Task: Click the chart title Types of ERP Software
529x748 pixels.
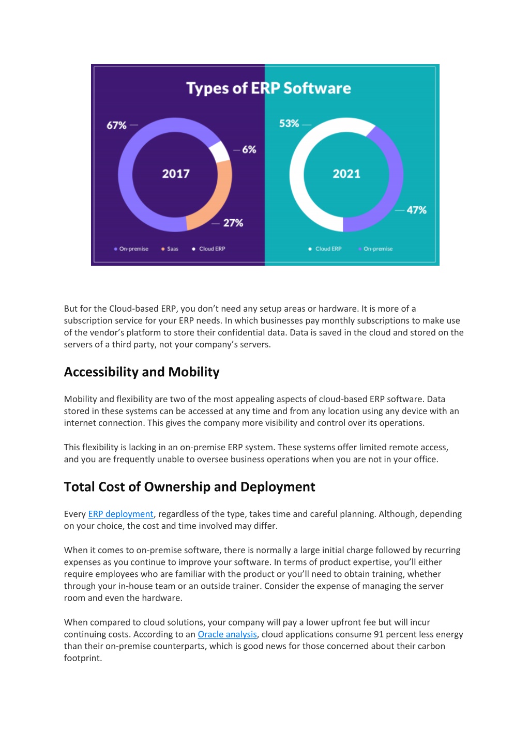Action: coord(268,88)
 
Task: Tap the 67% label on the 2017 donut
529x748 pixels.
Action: coord(116,125)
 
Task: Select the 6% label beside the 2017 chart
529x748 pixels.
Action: coord(249,149)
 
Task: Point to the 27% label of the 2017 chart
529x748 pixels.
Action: coord(233,223)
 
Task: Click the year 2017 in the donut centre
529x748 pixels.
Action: coord(176,174)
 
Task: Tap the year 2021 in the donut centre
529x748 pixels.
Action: coord(346,174)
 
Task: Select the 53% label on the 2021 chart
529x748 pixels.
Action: coord(289,124)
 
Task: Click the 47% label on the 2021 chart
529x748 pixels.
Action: coord(416,210)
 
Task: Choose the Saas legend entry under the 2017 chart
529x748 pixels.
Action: coord(170,249)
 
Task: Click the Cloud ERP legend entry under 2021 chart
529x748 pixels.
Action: coord(325,249)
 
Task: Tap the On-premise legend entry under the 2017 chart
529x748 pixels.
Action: coord(131,249)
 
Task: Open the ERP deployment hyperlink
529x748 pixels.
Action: coord(120,514)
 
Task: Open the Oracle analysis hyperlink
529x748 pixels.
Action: coord(227,634)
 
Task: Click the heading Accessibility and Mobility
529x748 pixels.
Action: coord(142,372)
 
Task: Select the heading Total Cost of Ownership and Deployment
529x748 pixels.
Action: coord(189,487)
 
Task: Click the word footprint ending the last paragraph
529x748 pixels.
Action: coord(83,658)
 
